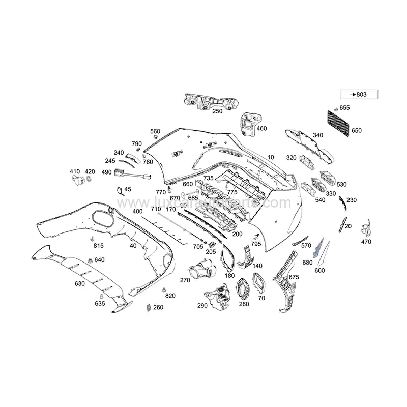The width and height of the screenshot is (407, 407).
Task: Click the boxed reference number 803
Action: point(359,94)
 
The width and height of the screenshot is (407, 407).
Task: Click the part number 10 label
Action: point(270,157)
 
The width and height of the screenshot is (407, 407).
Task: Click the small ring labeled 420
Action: point(90,180)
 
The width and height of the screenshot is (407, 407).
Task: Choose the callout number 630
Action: point(79,283)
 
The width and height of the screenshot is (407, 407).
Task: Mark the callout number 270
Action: point(185,280)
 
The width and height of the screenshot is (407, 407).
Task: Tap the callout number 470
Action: point(366,242)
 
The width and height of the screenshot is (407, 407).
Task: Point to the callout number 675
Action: point(294,277)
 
